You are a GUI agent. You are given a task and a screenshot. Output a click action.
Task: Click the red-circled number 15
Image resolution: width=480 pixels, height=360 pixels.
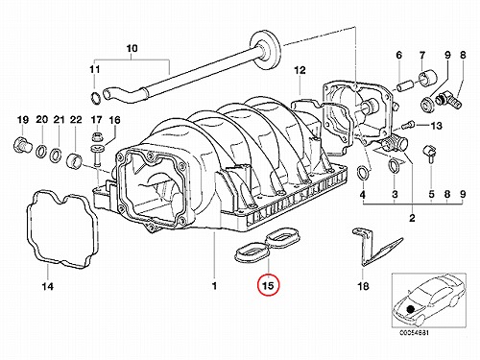coord(269,285)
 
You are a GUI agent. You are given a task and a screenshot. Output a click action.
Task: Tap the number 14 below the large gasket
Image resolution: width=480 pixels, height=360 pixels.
coord(47,286)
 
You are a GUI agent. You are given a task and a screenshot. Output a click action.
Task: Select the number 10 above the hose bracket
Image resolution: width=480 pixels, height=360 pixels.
coord(132,48)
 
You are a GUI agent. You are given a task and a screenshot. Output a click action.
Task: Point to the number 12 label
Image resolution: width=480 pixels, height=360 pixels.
coord(300,70)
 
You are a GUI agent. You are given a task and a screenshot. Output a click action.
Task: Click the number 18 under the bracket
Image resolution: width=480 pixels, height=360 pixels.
coord(363,286)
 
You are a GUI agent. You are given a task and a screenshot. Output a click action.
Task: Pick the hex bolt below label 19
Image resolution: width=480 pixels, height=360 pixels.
coord(22,145)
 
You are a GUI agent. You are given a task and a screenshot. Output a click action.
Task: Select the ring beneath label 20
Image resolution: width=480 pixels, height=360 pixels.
coord(42,151)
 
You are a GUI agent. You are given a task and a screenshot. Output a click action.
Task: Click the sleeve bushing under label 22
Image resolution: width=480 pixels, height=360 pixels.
coord(75,160)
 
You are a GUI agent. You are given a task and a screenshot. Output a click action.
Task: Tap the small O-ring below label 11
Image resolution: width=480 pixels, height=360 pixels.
coord(95,98)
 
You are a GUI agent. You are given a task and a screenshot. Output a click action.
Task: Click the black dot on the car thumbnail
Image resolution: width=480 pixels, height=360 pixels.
coord(410,309)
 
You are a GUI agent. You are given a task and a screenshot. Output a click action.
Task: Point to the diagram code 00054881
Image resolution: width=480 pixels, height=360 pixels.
coord(412,333)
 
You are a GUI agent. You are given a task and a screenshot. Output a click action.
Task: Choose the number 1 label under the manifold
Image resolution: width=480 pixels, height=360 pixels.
coord(214,285)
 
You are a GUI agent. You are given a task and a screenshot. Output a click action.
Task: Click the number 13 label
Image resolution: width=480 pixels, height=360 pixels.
coord(436,126)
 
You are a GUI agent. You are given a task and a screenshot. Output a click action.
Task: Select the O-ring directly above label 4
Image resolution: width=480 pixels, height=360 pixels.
coord(363,174)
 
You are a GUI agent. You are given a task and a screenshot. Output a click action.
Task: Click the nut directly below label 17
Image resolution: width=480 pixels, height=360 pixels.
coord(96,138)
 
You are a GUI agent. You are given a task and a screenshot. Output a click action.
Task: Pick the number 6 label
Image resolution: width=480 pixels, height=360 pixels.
coord(398,56)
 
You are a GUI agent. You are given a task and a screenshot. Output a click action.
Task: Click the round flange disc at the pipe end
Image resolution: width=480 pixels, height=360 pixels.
coord(265,50)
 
